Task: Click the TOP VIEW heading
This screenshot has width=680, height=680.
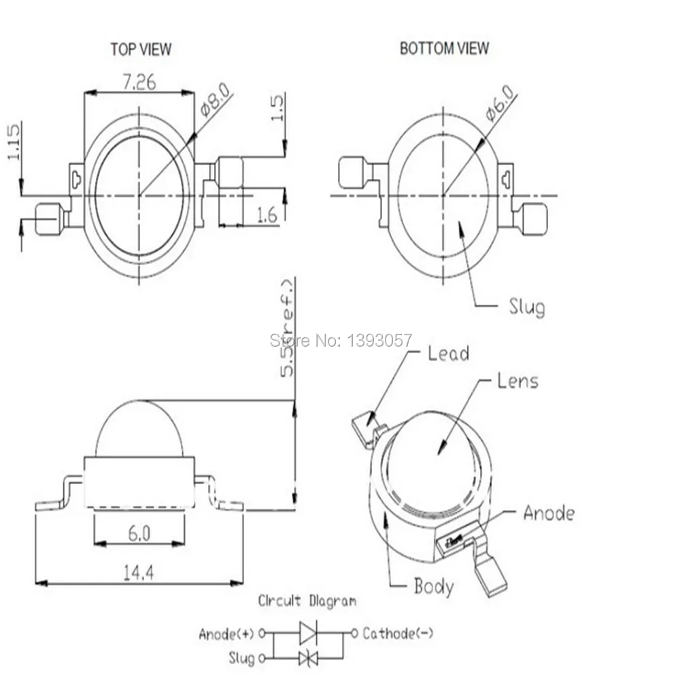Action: (141, 49)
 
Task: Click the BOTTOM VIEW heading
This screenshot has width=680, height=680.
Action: (444, 48)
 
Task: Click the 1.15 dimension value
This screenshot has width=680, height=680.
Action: (14, 141)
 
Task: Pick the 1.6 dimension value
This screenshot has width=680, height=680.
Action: (267, 216)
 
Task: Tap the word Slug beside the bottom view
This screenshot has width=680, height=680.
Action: (526, 307)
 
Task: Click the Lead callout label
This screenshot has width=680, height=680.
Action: (448, 353)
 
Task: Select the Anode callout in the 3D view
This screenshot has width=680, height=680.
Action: (548, 513)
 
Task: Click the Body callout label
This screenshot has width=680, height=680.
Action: (434, 585)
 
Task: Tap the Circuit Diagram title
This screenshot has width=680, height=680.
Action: (307, 601)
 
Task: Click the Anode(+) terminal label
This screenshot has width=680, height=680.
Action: (226, 634)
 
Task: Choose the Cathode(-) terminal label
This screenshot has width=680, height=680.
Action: (398, 634)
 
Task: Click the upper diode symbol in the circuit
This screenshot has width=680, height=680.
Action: (307, 634)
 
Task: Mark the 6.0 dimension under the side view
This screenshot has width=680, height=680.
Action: (138, 534)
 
